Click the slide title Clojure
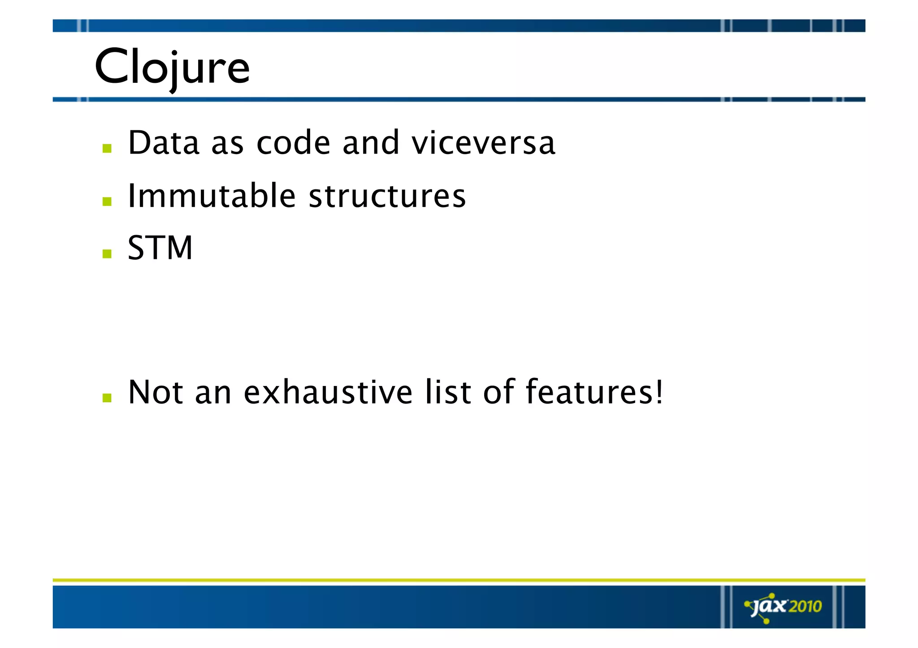coord(172,67)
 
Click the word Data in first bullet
coord(164,143)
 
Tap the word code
coord(293,143)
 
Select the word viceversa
coord(483,143)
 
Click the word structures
coord(387,197)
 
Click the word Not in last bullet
coord(156,392)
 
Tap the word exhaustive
coord(328,392)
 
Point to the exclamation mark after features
coord(658,392)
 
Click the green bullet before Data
coord(107,148)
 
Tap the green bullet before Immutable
coord(107,202)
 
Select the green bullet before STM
coord(107,254)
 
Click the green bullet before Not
coord(107,398)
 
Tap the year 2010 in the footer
coord(805,606)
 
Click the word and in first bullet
coord(370,143)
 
